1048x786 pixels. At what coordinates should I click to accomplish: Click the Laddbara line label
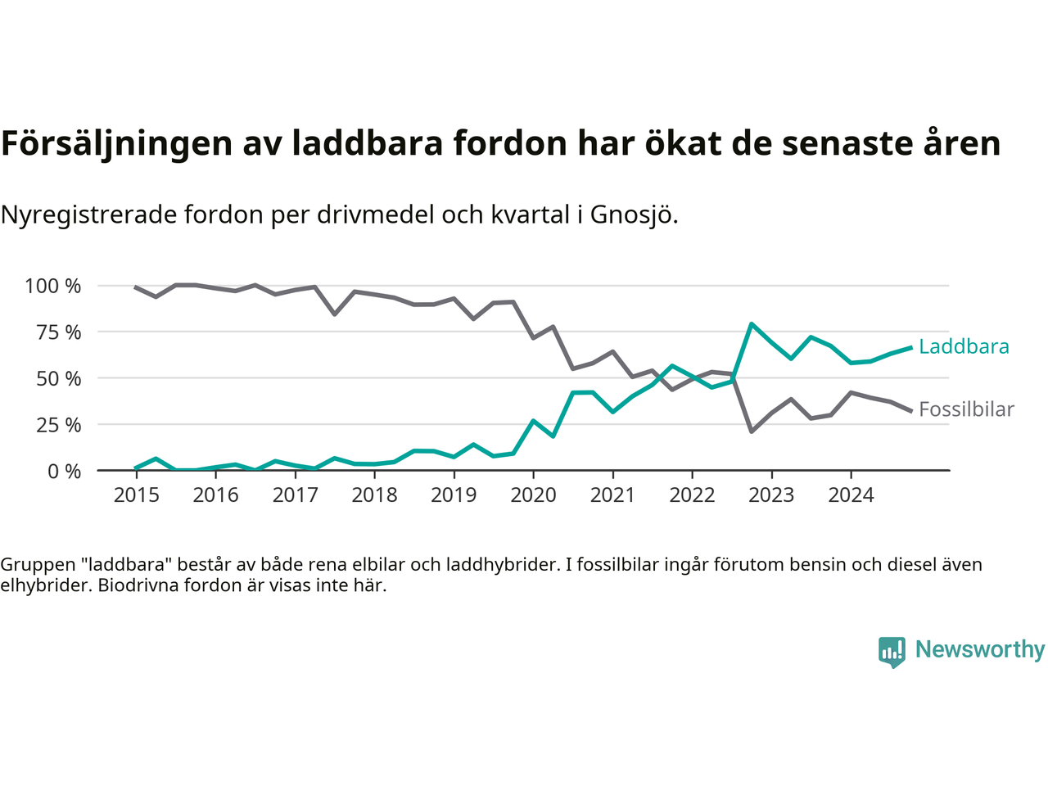click(964, 346)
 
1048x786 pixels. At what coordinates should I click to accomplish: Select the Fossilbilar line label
click(966, 409)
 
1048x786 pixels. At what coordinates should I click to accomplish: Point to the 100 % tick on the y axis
click(53, 286)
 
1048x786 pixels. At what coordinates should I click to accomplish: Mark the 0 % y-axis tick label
click(63, 471)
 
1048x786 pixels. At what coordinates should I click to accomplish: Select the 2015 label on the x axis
click(136, 495)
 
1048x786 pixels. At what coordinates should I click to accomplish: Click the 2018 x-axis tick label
click(374, 495)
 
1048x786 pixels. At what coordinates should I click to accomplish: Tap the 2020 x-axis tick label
click(533, 495)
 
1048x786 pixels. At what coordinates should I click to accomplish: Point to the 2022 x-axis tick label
click(692, 495)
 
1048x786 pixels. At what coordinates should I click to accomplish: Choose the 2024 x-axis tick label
click(851, 495)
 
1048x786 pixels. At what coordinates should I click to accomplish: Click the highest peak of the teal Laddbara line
click(752, 324)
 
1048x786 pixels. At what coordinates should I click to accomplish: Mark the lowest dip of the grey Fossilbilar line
click(752, 431)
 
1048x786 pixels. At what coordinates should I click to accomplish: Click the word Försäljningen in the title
click(116, 143)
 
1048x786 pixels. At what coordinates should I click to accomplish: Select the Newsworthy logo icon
click(892, 652)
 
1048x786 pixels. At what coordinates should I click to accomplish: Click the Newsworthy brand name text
click(979, 649)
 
